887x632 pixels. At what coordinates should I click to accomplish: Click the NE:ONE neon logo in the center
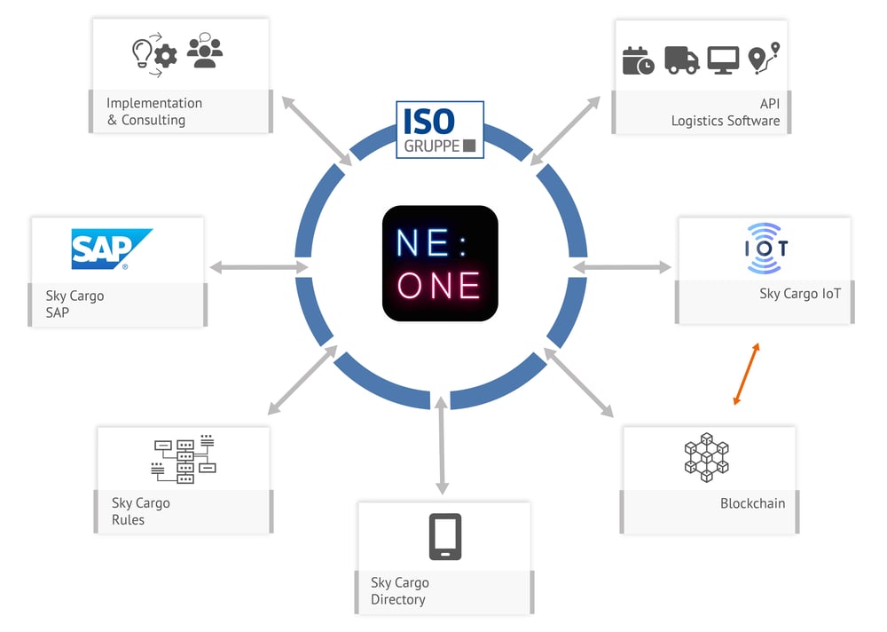pyautogui.click(x=440, y=263)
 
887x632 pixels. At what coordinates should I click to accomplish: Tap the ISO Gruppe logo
pyautogui.click(x=440, y=130)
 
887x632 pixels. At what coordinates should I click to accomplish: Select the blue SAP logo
pyautogui.click(x=111, y=249)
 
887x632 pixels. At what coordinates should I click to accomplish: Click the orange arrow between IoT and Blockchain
pyautogui.click(x=746, y=375)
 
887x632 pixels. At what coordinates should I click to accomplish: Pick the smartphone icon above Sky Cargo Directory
pyautogui.click(x=444, y=536)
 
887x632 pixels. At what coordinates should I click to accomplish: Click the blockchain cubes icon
pyautogui.click(x=706, y=458)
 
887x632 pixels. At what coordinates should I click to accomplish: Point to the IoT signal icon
pyautogui.click(x=765, y=248)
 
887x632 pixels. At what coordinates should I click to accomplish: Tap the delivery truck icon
pyautogui.click(x=681, y=60)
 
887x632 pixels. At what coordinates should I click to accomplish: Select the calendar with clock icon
pyautogui.click(x=638, y=60)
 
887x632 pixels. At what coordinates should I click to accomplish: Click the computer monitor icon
pyautogui.click(x=722, y=60)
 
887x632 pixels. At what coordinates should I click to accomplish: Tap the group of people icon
pyautogui.click(x=205, y=51)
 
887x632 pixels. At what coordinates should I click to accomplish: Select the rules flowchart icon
pyautogui.click(x=184, y=459)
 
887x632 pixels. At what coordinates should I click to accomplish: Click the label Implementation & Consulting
pyautogui.click(x=153, y=111)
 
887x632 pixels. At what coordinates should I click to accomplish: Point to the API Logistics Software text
pyautogui.click(x=725, y=112)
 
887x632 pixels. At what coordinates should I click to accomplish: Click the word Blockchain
pyautogui.click(x=752, y=503)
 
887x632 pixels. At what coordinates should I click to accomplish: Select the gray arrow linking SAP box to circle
pyautogui.click(x=257, y=266)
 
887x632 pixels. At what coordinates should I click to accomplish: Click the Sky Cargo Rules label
pyautogui.click(x=140, y=511)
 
